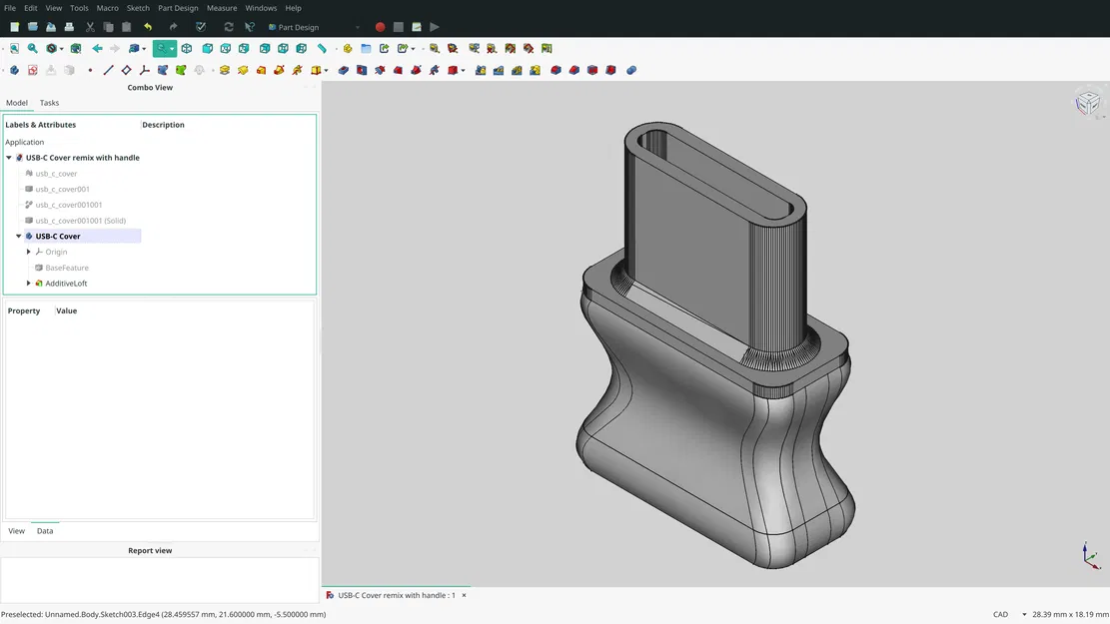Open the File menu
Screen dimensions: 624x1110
pos(10,8)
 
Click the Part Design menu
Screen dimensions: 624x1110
pos(178,8)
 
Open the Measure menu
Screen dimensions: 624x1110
pos(222,8)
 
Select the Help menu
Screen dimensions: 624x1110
pos(293,8)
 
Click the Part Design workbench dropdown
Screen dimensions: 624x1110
pos(314,27)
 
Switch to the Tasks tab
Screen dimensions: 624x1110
pos(49,103)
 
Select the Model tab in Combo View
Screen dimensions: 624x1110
pos(17,103)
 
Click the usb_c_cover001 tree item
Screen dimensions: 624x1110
pos(62,189)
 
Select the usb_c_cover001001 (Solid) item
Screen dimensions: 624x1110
pos(80,221)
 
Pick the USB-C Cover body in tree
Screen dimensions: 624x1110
pos(58,237)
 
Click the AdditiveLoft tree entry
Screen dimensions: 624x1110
pos(66,284)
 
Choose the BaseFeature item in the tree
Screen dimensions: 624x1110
pos(67,268)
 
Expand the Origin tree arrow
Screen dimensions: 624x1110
pos(29,252)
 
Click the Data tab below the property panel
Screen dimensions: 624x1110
pos(45,531)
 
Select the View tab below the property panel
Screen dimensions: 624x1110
pos(17,531)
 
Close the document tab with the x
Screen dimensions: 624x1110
pos(464,595)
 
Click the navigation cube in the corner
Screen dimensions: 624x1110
pos(1087,103)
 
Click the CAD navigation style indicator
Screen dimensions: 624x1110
pos(1000,614)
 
